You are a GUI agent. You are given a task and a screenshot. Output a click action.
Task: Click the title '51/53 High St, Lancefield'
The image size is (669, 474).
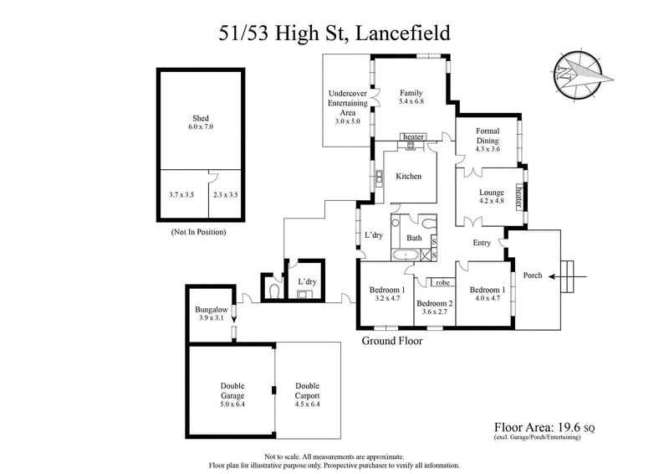point(334,33)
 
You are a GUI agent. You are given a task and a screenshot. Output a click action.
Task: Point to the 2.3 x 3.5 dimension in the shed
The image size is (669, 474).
point(226,194)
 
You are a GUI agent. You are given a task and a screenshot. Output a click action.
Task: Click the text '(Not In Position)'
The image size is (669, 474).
point(198,231)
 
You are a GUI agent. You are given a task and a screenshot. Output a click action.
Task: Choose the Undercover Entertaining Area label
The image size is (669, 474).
point(347,107)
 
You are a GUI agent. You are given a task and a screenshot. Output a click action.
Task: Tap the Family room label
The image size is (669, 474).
point(411,97)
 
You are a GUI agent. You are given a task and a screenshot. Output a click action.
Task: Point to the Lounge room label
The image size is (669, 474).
point(492,197)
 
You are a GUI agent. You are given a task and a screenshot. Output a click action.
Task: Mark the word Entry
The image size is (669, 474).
point(482,243)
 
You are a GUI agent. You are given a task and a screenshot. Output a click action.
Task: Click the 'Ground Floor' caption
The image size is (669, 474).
point(391,341)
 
